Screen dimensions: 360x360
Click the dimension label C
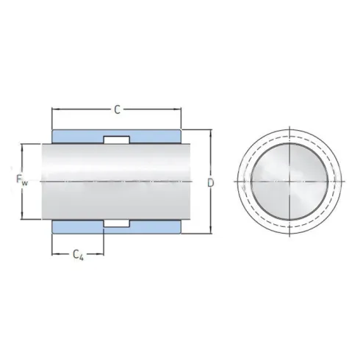[x=117, y=111]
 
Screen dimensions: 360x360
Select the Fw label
[x=21, y=179]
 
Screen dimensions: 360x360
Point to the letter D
[x=211, y=181]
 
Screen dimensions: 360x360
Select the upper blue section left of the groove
[x=78, y=137]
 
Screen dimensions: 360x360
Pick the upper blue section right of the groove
[x=154, y=137]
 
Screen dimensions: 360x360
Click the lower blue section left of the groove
[x=78, y=226]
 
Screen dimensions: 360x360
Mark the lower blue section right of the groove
[x=154, y=226]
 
